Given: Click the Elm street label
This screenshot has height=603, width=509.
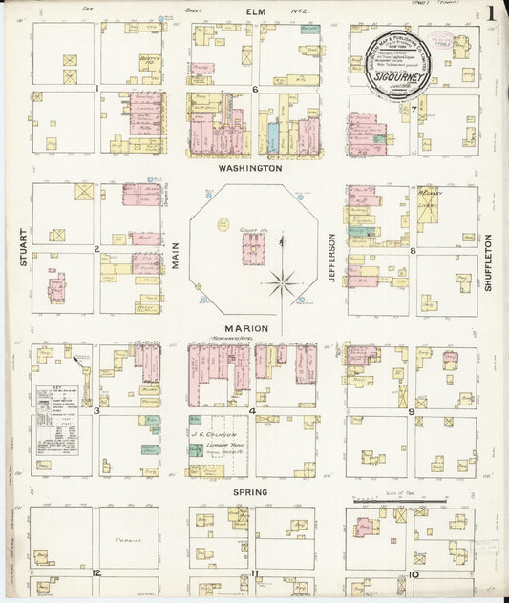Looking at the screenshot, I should (254, 10).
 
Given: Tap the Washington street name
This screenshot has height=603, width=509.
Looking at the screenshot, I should (250, 167).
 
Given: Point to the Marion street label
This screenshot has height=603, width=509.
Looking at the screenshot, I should (245, 328).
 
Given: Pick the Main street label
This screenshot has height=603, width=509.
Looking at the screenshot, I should (176, 255).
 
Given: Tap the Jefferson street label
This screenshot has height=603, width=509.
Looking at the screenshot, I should (333, 257).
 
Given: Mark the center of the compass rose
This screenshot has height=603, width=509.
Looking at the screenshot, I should (281, 281).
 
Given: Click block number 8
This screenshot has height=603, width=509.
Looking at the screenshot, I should (412, 251).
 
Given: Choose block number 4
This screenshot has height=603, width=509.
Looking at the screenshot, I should (252, 411).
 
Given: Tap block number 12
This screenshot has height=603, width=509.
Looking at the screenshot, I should (96, 572).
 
